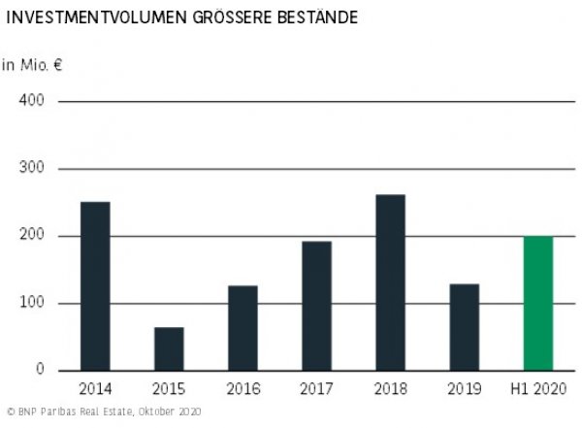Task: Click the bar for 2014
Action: tap(95, 286)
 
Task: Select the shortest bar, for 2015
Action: tap(169, 348)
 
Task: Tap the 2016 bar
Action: tap(242, 328)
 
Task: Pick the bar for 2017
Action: tap(316, 306)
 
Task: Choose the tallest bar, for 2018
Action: tap(390, 282)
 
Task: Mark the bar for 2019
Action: tap(464, 327)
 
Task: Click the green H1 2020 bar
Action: tap(537, 303)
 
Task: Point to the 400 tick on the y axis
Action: tap(32, 101)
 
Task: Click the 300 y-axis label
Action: tap(32, 169)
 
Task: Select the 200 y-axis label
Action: tap(32, 236)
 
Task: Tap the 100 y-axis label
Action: tap(32, 304)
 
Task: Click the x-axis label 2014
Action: tap(95, 390)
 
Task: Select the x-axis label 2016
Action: tap(242, 390)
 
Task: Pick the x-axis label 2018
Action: tap(390, 390)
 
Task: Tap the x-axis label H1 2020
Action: tap(537, 390)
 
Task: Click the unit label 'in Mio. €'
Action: tap(31, 65)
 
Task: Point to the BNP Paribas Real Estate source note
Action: tap(102, 412)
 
